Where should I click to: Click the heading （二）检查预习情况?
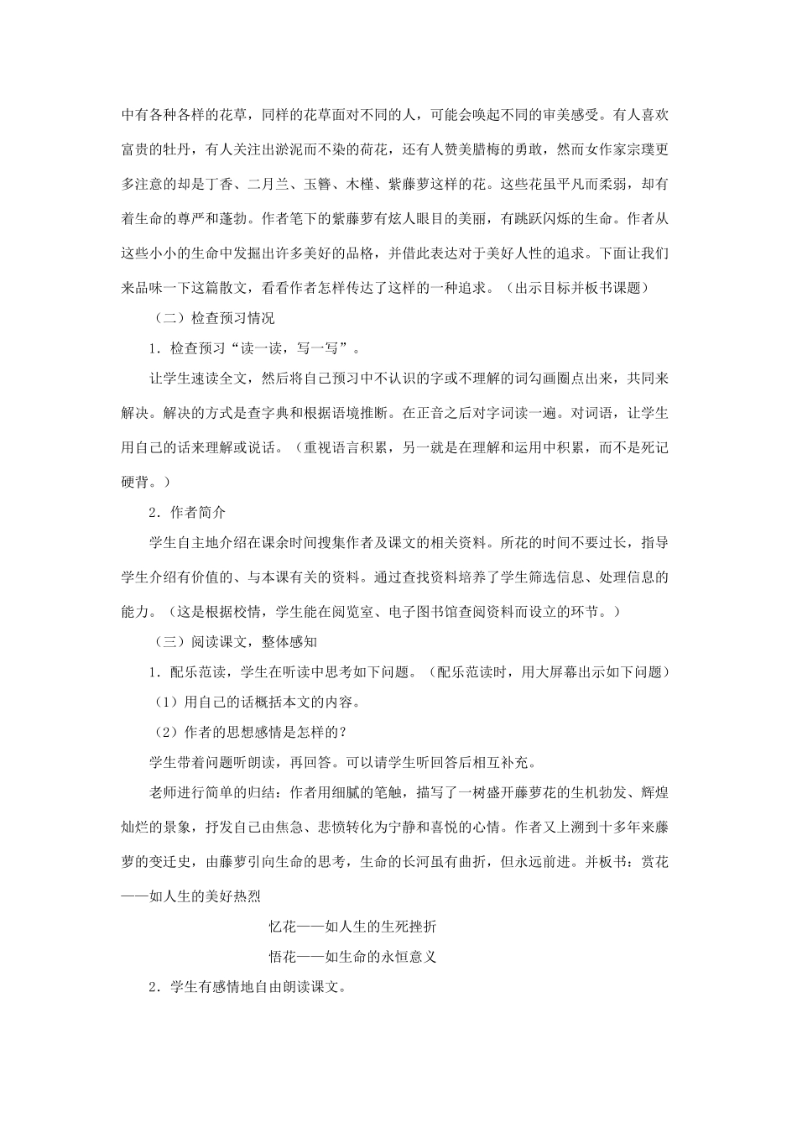point(215,319)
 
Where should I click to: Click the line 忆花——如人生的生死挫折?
point(352,927)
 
